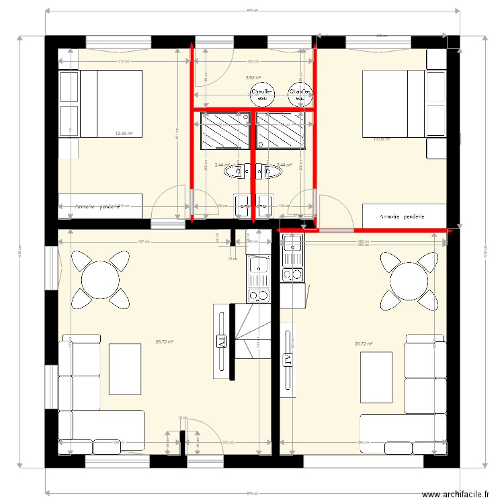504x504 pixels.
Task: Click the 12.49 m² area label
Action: point(124,133)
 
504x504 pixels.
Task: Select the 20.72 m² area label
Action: point(364,343)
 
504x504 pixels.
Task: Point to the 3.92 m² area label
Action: point(253,77)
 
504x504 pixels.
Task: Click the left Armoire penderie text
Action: point(98,206)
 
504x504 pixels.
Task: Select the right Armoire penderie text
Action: point(402,217)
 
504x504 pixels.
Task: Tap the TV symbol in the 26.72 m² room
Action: point(220,341)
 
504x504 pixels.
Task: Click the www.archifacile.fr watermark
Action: point(454,494)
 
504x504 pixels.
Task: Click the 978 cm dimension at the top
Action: point(253,10)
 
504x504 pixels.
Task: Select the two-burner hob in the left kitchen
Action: point(257,295)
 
